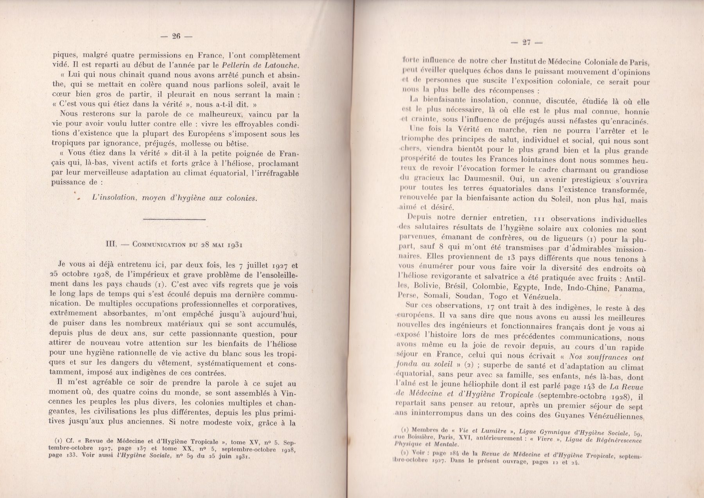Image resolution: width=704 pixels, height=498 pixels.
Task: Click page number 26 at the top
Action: point(176,36)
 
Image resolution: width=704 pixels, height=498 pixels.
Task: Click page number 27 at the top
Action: point(526,42)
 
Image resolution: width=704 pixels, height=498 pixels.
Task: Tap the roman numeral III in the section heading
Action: point(111,244)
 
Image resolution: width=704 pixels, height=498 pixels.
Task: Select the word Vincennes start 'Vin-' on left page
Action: point(289,393)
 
